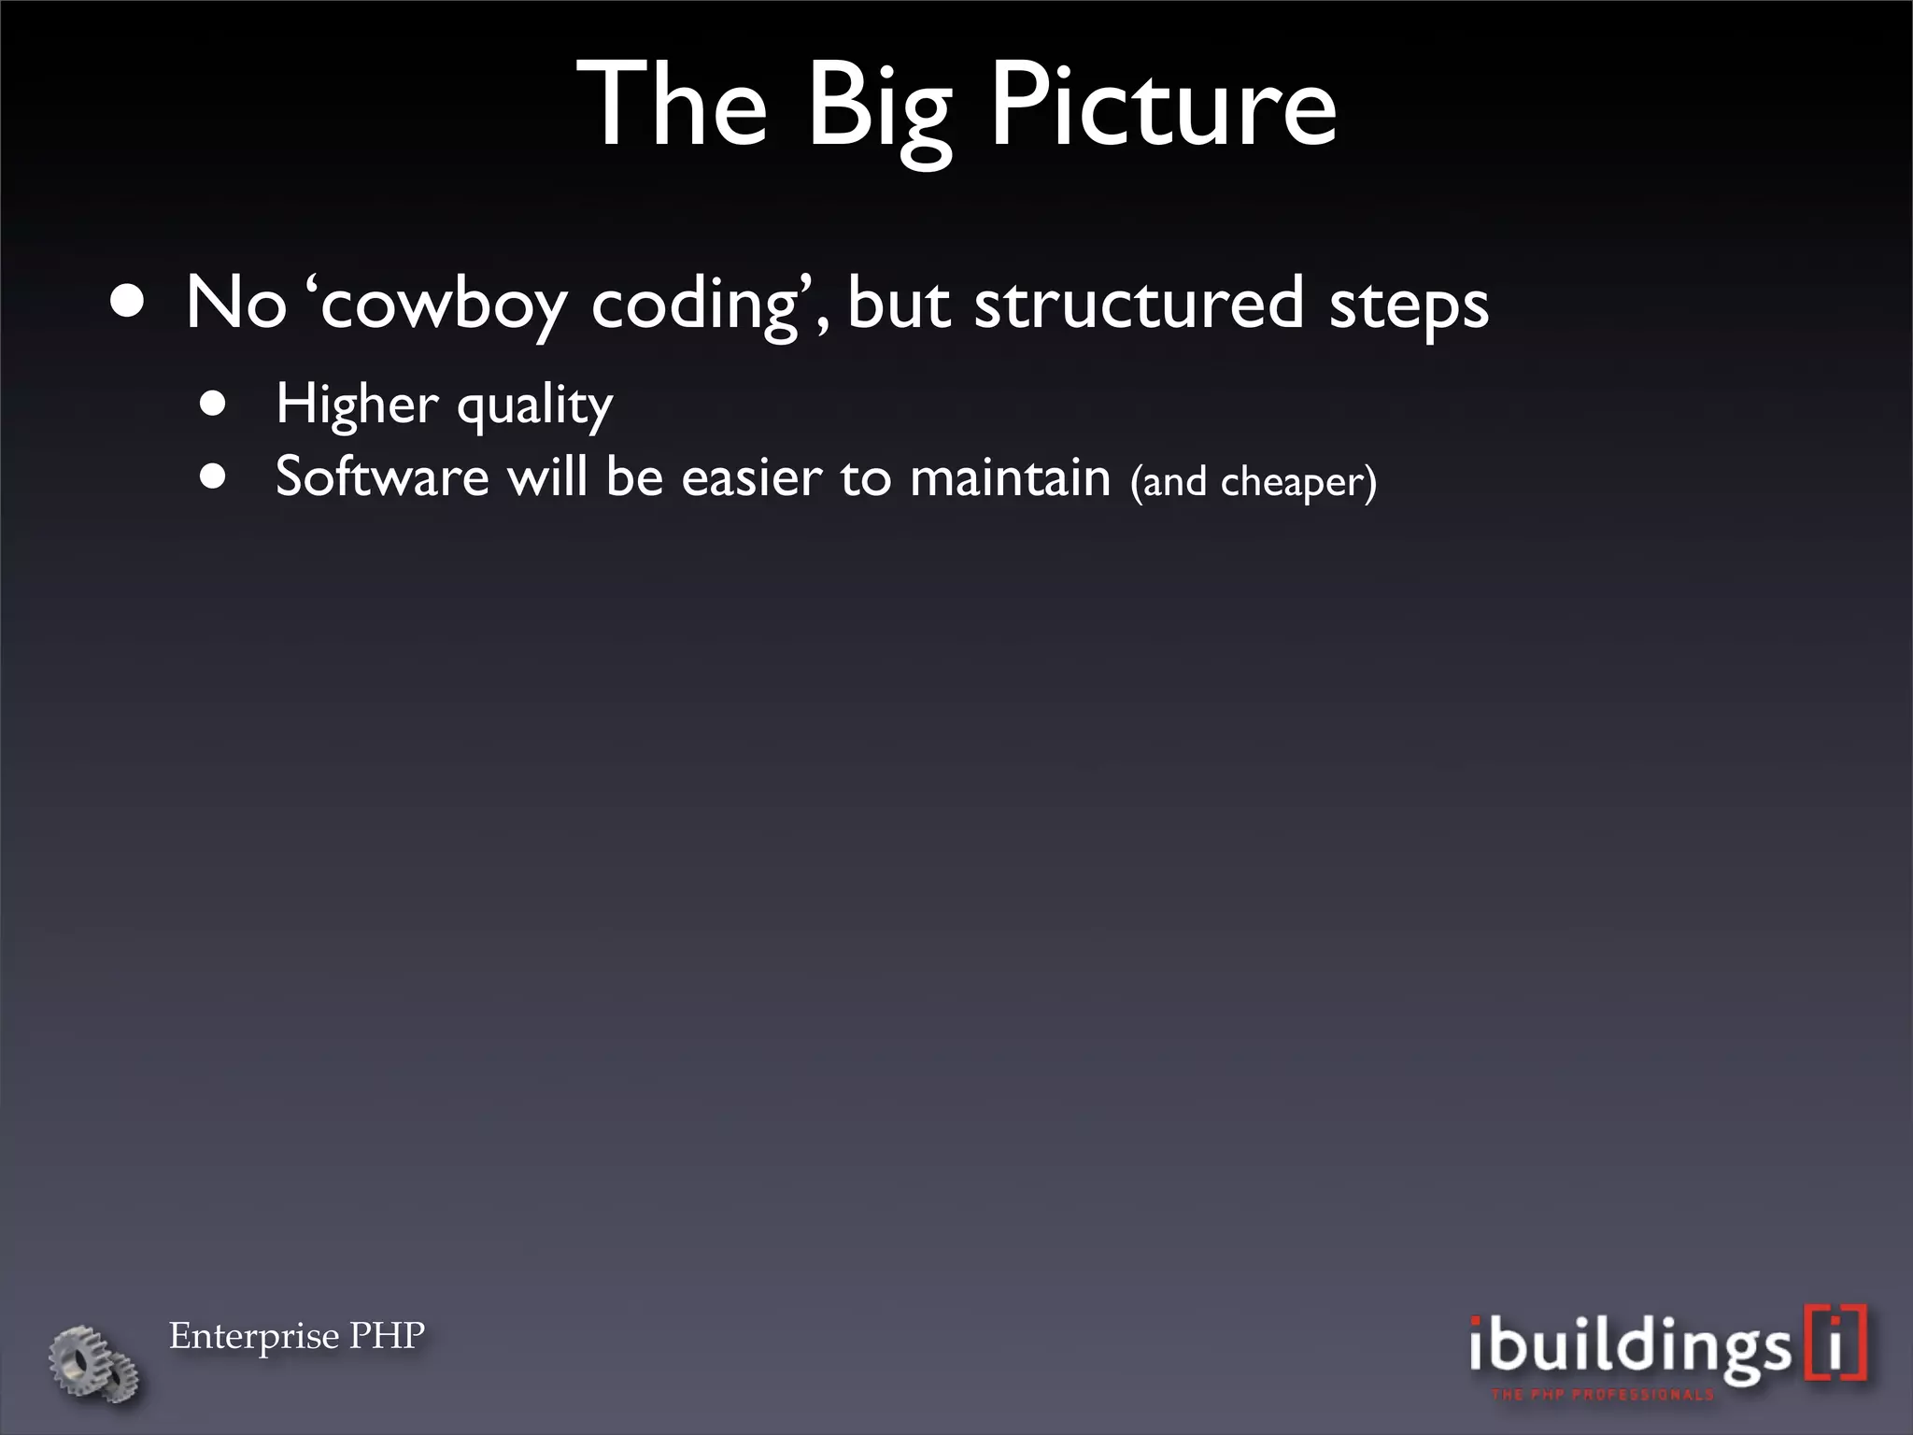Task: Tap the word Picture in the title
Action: [1162, 105]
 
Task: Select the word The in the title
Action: [673, 105]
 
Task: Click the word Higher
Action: [357, 405]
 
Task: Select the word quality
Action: [534, 407]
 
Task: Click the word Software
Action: [382, 476]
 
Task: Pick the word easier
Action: [751, 477]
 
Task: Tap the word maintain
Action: [1010, 477]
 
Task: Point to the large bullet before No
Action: [127, 303]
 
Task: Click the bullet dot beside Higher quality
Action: [214, 405]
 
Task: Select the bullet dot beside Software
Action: [214, 478]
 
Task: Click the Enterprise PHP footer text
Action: [296, 1336]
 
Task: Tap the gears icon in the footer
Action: [94, 1364]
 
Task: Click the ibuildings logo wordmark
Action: [1627, 1347]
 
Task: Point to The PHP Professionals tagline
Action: [1603, 1395]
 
